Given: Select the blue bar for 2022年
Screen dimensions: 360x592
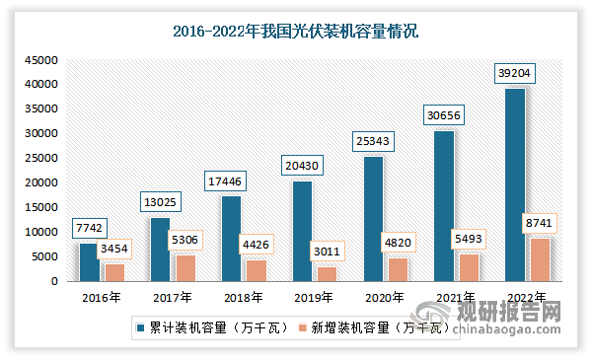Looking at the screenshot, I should point(514,184).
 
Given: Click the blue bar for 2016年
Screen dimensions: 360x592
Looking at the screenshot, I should point(88,261).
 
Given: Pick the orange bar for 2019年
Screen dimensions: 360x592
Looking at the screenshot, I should point(327,273).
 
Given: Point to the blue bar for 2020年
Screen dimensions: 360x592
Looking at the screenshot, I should point(372,218).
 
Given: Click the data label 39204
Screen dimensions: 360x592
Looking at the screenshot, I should point(512,74).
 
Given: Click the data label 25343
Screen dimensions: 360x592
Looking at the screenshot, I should point(372,142).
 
